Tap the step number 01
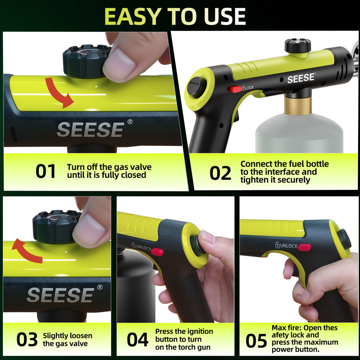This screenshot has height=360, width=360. (46, 171)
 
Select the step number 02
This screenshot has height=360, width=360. (220, 173)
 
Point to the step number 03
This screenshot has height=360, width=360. (27, 340)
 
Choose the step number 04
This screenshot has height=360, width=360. (137, 340)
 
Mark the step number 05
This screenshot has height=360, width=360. (256, 341)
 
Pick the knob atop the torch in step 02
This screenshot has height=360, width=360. (298, 46)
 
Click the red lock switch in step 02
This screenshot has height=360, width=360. (236, 89)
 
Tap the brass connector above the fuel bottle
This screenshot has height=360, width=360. (298, 105)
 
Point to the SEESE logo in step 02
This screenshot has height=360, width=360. (301, 78)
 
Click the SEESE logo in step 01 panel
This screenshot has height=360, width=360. (91, 130)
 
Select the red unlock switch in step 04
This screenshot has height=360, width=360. (157, 252)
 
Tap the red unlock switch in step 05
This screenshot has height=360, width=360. (304, 247)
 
